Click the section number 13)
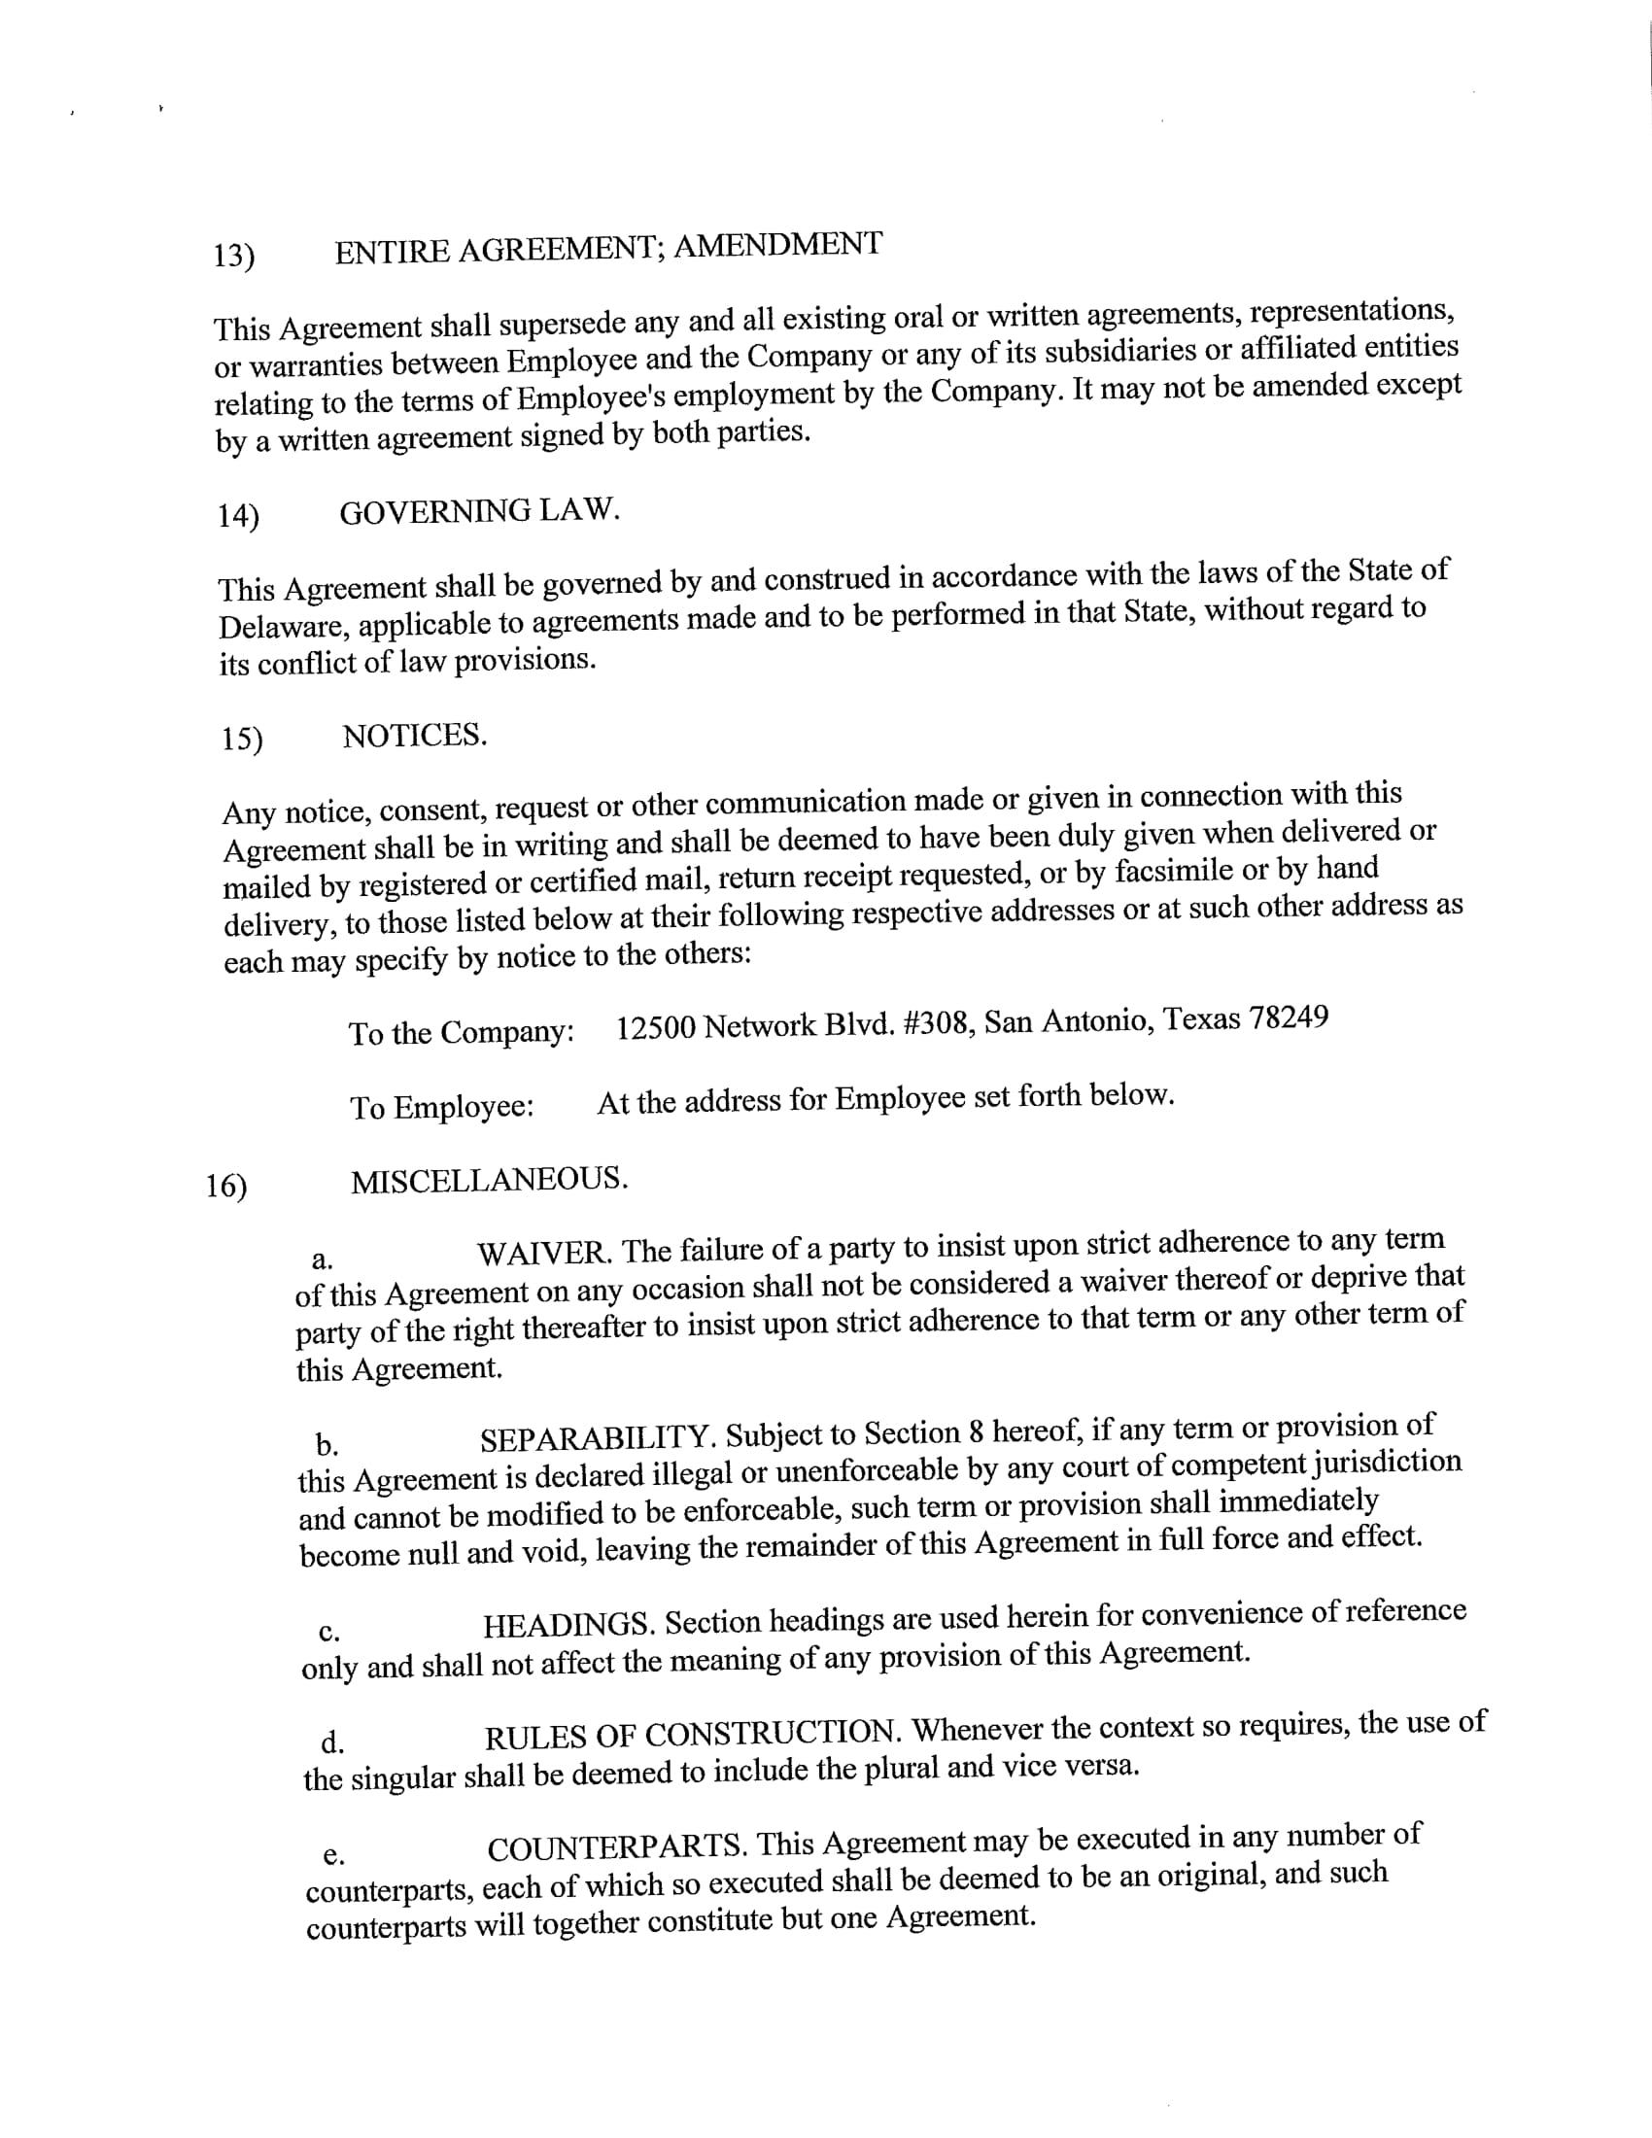click(234, 256)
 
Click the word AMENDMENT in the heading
click(777, 244)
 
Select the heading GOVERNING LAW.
click(479, 511)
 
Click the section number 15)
click(242, 740)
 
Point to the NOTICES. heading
click(414, 736)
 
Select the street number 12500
click(655, 1028)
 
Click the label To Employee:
click(441, 1107)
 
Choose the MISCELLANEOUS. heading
click(490, 1181)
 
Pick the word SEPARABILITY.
click(600, 1438)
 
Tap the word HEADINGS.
click(568, 1625)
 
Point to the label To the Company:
click(461, 1033)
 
